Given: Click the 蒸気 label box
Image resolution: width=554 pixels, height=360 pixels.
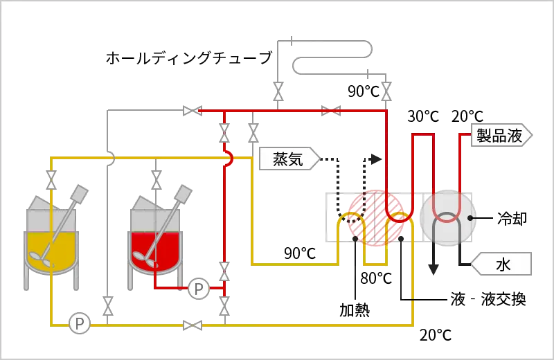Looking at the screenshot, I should [x=287, y=159].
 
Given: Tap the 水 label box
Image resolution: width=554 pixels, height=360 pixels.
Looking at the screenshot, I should [x=502, y=264].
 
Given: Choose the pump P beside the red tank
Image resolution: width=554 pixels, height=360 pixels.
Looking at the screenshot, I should [x=199, y=289].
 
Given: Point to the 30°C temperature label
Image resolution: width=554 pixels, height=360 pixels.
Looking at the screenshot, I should [x=422, y=116].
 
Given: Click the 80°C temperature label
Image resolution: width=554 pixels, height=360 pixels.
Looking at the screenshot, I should [x=377, y=278].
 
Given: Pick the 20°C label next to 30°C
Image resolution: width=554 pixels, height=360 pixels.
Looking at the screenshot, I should [x=467, y=116].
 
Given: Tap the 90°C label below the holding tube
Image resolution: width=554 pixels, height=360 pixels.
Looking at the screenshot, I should [x=364, y=91].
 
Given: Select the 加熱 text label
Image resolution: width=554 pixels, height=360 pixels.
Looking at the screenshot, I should [x=354, y=309].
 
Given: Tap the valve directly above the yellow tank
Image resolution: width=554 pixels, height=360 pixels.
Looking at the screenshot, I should [x=51, y=182].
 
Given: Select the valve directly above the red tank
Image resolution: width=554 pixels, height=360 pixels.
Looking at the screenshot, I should [x=157, y=182].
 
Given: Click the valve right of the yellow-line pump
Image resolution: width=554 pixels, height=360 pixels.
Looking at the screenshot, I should [x=192, y=323].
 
